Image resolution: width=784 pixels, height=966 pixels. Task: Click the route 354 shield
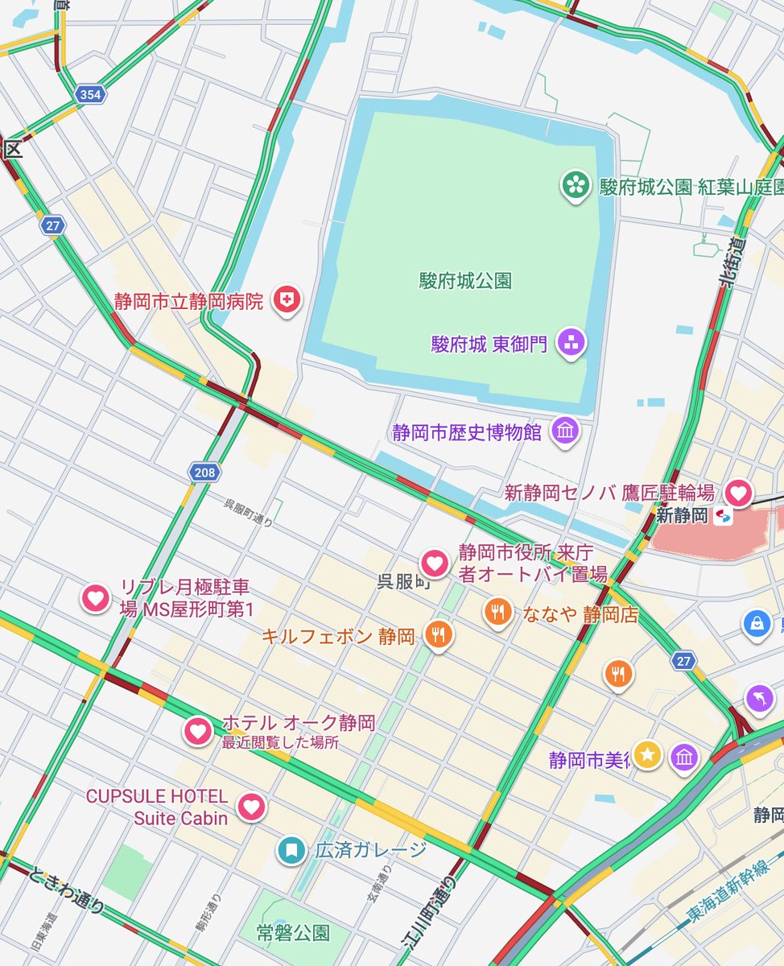90,95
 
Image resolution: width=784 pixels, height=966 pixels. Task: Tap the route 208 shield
204,473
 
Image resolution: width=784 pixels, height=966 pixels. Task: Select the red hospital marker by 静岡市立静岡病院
287,301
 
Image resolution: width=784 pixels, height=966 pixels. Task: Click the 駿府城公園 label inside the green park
465,281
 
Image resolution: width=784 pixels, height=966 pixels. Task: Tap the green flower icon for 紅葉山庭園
575,186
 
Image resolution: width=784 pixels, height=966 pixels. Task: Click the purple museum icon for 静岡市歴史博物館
565,431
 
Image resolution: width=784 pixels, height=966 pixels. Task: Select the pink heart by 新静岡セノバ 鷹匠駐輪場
738,491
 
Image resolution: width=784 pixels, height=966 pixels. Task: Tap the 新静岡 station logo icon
723,516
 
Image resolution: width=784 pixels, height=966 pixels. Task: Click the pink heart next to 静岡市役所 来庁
435,563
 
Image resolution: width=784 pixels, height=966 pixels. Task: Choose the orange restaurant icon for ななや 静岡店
498,612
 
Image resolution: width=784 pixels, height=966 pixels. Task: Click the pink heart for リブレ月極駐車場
95,597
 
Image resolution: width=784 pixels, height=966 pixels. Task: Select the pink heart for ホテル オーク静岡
198,730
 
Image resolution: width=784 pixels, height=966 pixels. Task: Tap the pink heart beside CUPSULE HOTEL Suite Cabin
253,806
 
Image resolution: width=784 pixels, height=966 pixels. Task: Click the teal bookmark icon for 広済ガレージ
291,849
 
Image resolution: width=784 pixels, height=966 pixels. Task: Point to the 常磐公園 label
293,933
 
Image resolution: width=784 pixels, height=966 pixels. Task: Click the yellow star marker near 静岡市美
647,754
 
